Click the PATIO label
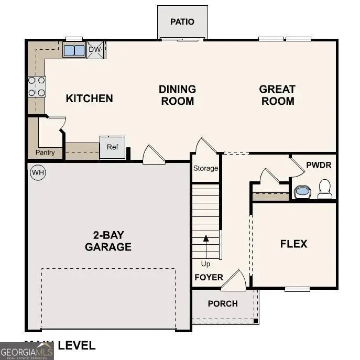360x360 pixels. tap(182, 21)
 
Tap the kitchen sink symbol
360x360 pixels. tap(74, 50)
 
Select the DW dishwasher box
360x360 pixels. tap(95, 50)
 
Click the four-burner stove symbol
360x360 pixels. tap(37, 86)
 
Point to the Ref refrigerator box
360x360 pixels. tap(113, 147)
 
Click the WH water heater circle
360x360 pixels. tap(37, 172)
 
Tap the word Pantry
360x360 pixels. tap(45, 153)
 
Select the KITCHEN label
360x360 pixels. tap(89, 98)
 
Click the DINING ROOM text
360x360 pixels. tap(177, 95)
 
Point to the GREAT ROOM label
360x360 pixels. tap(277, 95)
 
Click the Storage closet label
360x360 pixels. tap(205, 168)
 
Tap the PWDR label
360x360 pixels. tap(319, 165)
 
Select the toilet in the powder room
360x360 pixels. tap(325, 189)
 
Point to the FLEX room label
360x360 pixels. tap(293, 244)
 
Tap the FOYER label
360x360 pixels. tap(209, 277)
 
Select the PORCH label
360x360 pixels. tap(223, 303)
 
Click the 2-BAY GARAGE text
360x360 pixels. tap(108, 241)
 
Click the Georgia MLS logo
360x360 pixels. tap(27, 351)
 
